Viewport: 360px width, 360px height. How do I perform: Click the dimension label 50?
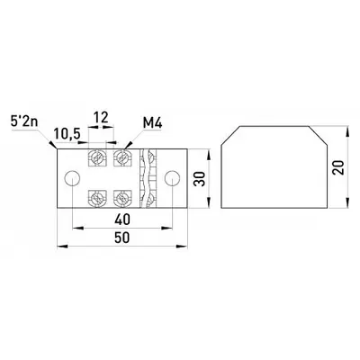point(122,238)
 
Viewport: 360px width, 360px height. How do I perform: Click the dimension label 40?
point(122,220)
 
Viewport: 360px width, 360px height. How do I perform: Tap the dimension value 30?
point(199,179)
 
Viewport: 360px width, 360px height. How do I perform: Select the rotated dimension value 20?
point(339,167)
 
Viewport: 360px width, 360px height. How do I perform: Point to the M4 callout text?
point(152,123)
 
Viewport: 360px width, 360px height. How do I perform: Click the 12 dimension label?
point(101,118)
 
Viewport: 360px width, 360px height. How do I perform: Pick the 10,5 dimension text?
point(67,134)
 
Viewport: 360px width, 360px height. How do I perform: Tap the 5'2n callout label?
point(25,122)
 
